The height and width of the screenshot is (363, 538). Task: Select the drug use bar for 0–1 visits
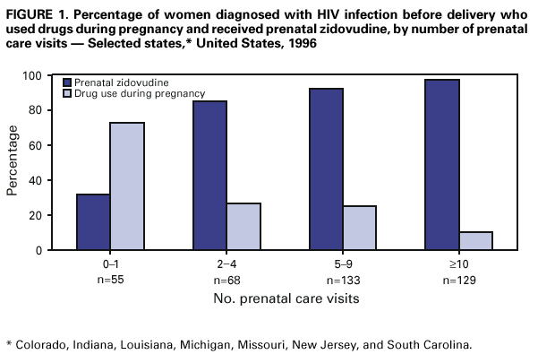tap(127, 186)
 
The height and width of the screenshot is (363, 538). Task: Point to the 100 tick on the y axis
tap(59, 76)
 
